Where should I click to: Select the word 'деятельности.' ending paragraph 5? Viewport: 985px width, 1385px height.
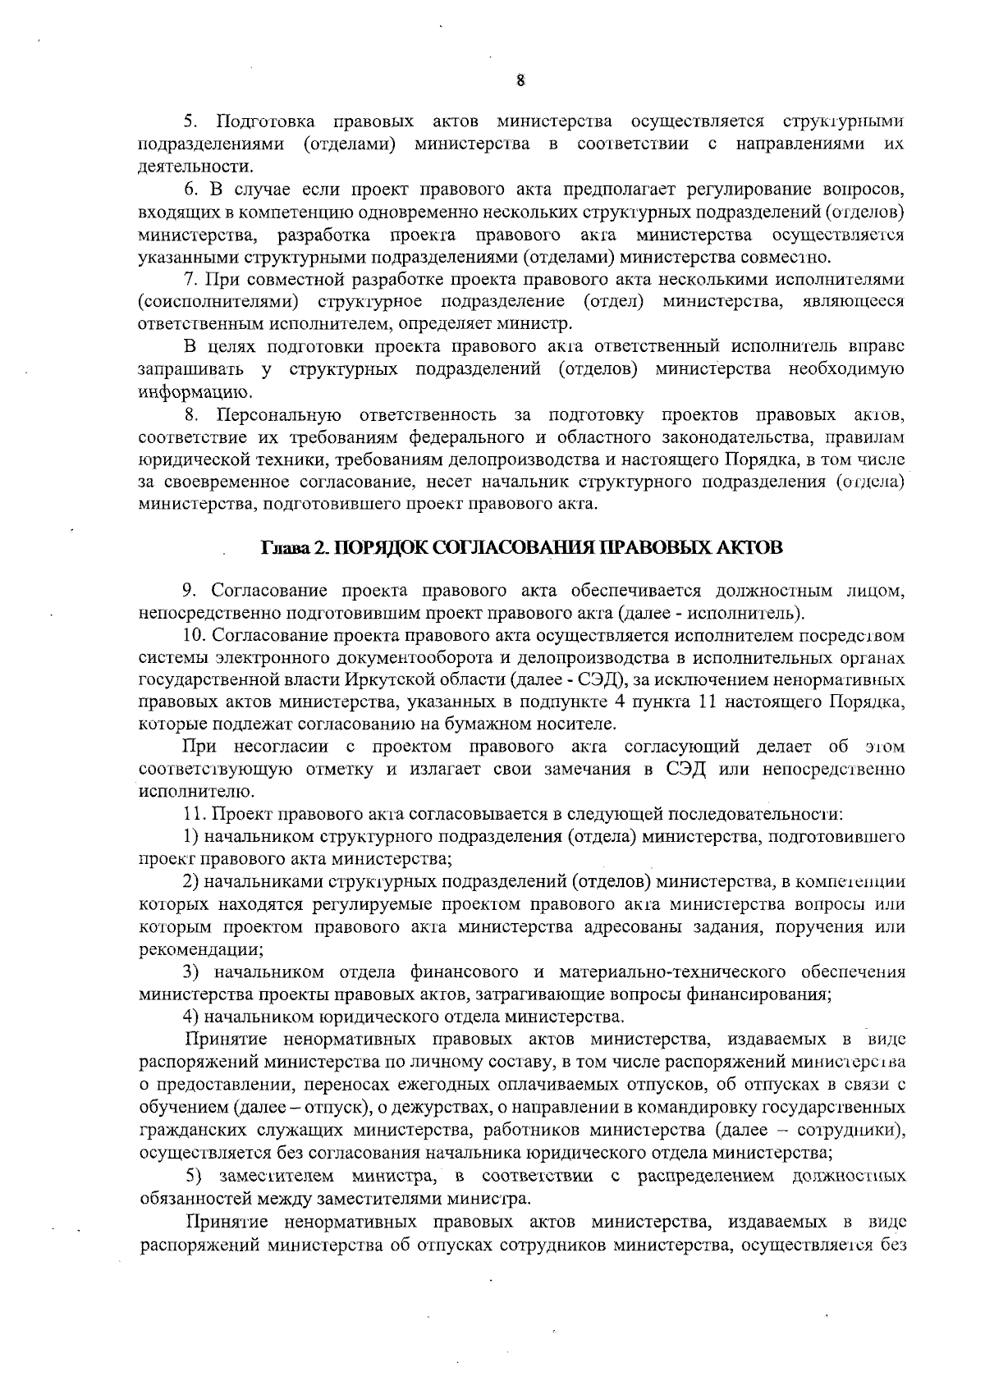[179, 167]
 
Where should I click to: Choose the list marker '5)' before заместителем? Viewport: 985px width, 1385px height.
[195, 1176]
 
